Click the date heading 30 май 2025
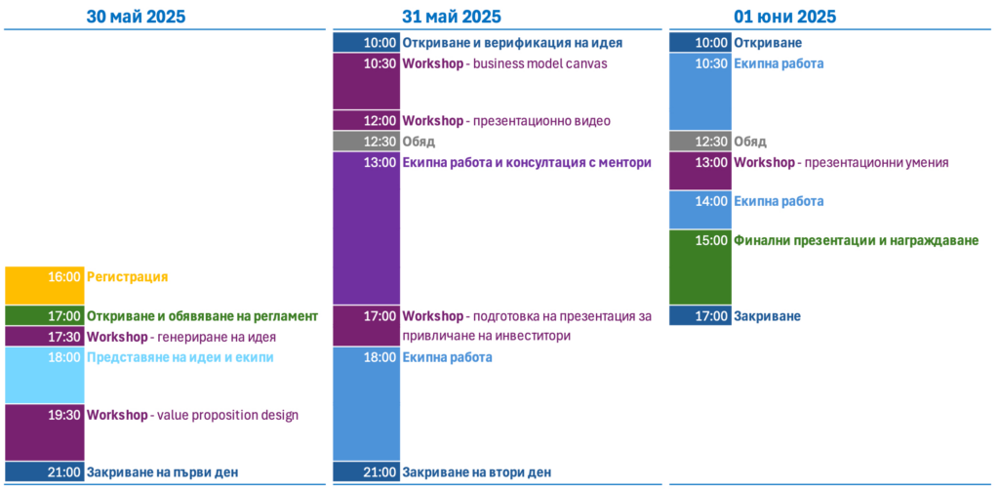point(136,16)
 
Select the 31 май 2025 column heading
point(451,16)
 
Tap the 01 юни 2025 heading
point(785,16)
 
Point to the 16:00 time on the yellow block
point(64,277)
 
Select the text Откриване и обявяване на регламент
point(202,315)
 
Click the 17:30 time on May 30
point(64,336)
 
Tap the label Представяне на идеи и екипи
point(180,357)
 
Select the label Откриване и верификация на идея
point(512,43)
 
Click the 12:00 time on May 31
point(380,120)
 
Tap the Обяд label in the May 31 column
point(419,142)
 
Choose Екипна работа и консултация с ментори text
point(527,163)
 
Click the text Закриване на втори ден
point(476,472)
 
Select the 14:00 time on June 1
point(711,201)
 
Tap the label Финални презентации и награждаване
point(857,241)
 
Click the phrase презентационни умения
point(877,163)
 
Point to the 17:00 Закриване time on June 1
point(711,315)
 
